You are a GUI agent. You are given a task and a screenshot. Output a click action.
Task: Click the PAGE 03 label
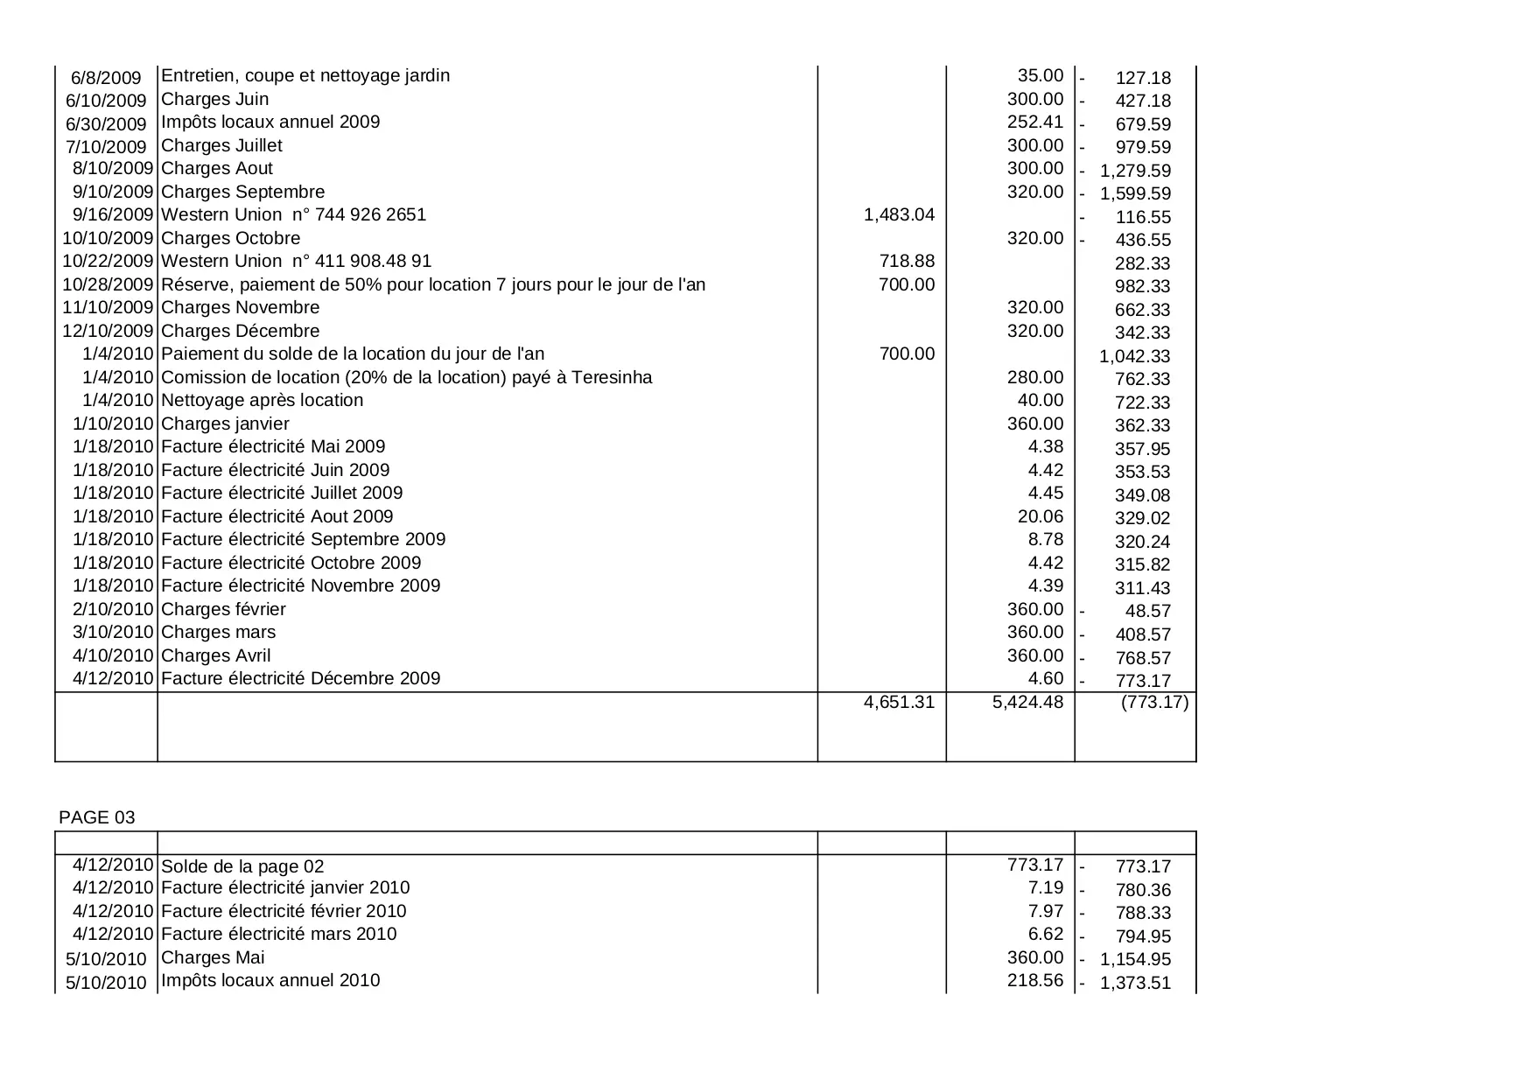(96, 817)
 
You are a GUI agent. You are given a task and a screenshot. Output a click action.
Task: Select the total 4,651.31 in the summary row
(899, 702)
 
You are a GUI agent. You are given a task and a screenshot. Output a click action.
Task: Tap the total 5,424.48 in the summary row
(1027, 702)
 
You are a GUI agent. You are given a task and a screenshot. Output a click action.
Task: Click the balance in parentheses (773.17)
(1154, 702)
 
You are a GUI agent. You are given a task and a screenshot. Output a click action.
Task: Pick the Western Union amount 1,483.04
(899, 214)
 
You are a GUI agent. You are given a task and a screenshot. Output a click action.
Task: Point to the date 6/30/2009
(106, 124)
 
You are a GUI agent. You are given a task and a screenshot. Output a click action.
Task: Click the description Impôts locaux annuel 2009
(270, 122)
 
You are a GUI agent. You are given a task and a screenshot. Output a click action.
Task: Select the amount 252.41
(1035, 122)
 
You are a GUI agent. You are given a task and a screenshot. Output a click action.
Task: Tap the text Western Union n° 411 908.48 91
(296, 261)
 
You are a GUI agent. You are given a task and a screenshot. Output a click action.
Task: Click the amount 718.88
(907, 261)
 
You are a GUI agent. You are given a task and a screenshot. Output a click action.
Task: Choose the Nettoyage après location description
(262, 400)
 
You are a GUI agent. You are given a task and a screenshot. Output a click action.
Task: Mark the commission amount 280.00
(1035, 377)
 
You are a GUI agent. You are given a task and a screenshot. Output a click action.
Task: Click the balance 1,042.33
(1134, 356)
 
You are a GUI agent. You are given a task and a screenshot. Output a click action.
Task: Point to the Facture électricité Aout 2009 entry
(277, 516)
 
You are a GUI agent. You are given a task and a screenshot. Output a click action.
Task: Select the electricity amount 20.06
(1041, 516)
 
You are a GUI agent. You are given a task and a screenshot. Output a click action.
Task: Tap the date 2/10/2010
(113, 609)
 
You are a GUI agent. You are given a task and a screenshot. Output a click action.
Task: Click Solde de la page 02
(242, 866)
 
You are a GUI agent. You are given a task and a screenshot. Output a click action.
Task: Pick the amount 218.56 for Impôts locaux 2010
(1035, 980)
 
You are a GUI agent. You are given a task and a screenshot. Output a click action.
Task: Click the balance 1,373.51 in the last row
(1135, 983)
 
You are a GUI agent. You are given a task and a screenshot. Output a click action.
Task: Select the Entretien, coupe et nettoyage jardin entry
(305, 75)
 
